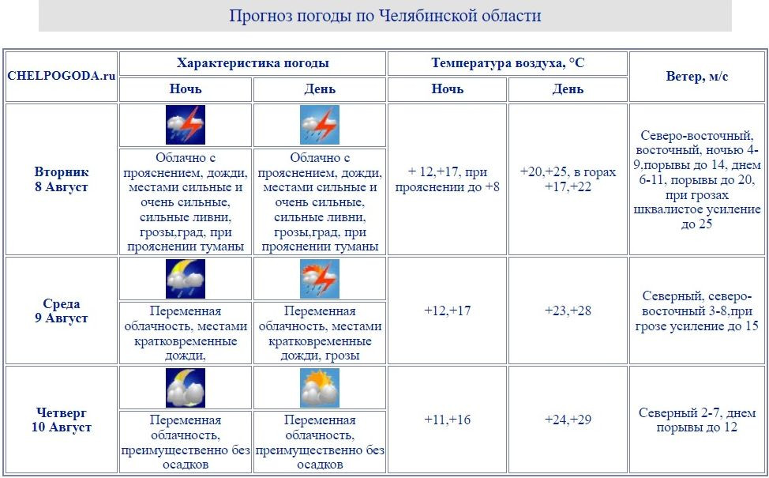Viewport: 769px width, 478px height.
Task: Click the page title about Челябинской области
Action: coord(384,16)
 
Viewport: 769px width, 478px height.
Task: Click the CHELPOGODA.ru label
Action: coord(62,76)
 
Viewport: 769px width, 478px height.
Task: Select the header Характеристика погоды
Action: coord(253,63)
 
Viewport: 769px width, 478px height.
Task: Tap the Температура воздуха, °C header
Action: coord(508,63)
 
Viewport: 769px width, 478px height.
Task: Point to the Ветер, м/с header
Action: coord(697,76)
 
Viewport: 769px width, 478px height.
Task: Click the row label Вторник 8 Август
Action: coord(62,179)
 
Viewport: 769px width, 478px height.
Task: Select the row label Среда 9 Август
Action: coord(62,311)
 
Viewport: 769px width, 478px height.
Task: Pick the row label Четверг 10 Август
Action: coord(62,420)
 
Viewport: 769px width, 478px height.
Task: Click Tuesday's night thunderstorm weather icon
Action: coord(186,124)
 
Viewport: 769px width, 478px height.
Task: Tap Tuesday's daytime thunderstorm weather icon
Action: coord(320,124)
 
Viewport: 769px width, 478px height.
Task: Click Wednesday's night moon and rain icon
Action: coord(186,279)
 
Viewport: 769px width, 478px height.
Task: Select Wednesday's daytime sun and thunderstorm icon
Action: coord(320,279)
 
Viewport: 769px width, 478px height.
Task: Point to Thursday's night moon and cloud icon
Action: coord(186,388)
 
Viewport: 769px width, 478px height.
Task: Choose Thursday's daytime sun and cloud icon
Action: coord(320,388)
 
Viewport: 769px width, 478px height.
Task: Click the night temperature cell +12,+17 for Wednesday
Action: coord(447,311)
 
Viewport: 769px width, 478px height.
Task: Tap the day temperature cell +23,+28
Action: coord(568,311)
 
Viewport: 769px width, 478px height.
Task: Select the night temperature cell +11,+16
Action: coord(447,420)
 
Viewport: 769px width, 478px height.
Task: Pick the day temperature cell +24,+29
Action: coord(568,420)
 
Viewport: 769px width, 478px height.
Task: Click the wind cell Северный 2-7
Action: coord(697,420)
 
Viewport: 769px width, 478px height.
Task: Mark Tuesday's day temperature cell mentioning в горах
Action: coord(568,179)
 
